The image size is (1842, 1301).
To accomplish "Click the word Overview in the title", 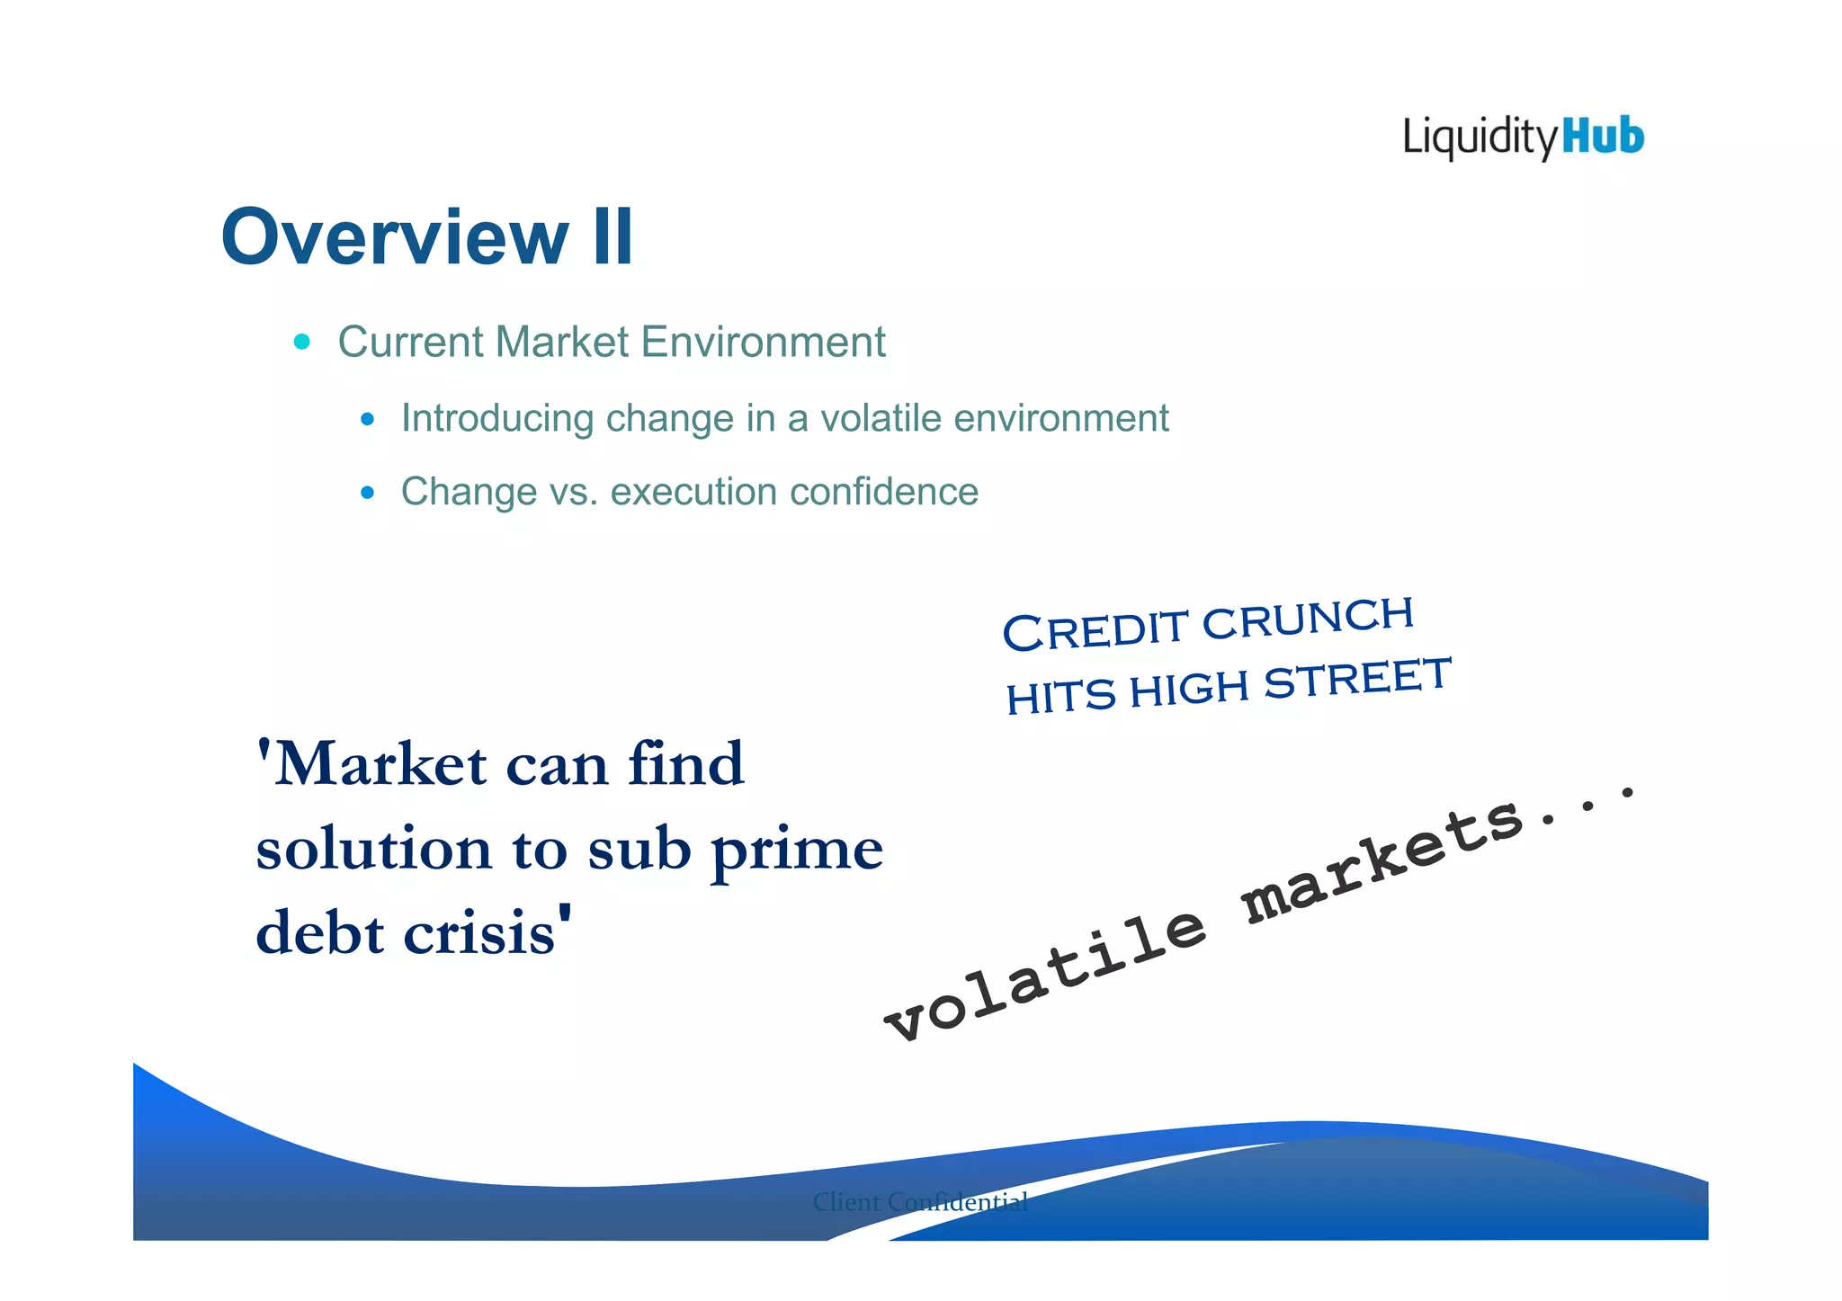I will tap(394, 237).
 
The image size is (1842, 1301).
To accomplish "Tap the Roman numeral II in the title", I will tap(613, 237).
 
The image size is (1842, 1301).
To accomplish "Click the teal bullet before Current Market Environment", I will tap(302, 342).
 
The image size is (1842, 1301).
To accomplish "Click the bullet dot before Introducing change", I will tap(367, 419).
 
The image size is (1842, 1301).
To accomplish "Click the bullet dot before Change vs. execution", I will tap(367, 493).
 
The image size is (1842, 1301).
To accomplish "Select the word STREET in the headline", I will tap(1358, 679).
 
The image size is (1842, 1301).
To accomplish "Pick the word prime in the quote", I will tap(797, 850).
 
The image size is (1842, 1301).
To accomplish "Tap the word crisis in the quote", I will tap(480, 933).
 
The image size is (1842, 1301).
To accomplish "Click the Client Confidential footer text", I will tap(920, 1202).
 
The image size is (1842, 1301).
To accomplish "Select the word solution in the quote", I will tap(373, 849).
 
